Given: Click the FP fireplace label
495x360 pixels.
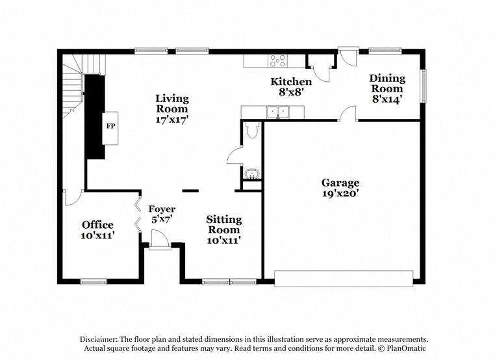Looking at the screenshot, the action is pyautogui.click(x=110, y=126).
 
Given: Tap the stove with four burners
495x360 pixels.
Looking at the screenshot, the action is pyautogui.click(x=278, y=60).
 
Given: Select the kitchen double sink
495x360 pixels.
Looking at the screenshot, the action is pyautogui.click(x=278, y=112).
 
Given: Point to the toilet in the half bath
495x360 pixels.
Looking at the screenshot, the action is pyautogui.click(x=253, y=130).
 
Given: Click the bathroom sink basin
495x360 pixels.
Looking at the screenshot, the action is pyautogui.click(x=251, y=174).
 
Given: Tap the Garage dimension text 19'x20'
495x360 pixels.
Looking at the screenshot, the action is pyautogui.click(x=340, y=193).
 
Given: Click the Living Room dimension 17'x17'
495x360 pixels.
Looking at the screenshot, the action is pyautogui.click(x=172, y=120).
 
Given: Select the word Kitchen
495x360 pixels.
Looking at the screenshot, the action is pyautogui.click(x=291, y=81).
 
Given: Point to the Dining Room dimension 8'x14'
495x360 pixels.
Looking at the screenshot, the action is pyautogui.click(x=387, y=99).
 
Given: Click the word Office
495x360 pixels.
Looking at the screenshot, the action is pyautogui.click(x=97, y=225).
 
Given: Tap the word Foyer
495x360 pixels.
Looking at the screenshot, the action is pyautogui.click(x=162, y=209).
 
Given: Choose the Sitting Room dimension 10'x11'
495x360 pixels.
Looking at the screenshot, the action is pyautogui.click(x=224, y=240).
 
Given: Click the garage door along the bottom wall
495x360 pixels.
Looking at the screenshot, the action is pyautogui.click(x=344, y=279).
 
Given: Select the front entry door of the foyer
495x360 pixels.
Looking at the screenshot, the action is pyautogui.click(x=160, y=240).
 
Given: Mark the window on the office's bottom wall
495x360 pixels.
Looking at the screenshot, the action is pyautogui.click(x=94, y=281).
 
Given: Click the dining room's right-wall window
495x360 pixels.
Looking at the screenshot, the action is pyautogui.click(x=424, y=86).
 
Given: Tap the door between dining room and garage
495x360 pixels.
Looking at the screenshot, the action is pyautogui.click(x=348, y=114).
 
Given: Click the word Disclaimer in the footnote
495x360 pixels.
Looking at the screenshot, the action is pyautogui.click(x=99, y=339).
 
